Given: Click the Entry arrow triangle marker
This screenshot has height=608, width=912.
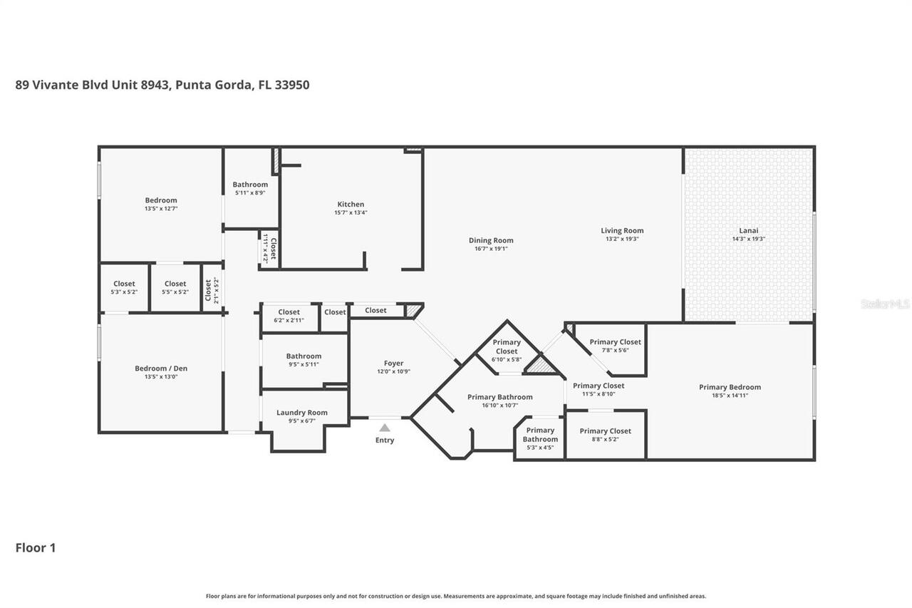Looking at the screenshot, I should [385, 428].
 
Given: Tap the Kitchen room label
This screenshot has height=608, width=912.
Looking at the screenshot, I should [351, 205].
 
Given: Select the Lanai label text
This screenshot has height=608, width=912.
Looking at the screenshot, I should [749, 230].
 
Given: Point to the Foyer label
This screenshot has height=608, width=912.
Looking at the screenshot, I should [393, 364].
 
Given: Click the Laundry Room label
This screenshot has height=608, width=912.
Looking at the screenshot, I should [302, 413].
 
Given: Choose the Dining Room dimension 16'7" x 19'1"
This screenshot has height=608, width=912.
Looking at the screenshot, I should [491, 249].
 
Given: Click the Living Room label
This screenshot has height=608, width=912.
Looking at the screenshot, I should [622, 230].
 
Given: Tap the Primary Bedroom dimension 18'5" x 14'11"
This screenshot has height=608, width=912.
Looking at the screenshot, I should [730, 396].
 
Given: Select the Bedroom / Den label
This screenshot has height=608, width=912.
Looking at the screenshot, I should [161, 369].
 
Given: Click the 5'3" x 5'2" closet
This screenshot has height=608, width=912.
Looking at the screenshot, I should [124, 287].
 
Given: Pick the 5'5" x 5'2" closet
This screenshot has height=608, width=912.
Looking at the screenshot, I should [175, 287].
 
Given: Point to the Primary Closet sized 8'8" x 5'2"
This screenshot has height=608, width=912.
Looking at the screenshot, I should [605, 435].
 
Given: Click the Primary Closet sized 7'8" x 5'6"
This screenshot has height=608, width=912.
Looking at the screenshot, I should [615, 346].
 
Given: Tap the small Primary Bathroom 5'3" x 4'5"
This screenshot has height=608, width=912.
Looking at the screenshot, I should [540, 438].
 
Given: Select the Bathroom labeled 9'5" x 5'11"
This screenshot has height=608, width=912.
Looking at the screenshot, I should [304, 360].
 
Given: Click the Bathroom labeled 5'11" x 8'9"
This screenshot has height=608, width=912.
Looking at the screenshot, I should [250, 188].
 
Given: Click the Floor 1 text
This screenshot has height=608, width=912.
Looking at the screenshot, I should [36, 547].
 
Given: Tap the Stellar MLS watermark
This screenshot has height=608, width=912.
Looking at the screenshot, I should [885, 304].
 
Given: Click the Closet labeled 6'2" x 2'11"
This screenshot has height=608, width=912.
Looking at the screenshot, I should [289, 316].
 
